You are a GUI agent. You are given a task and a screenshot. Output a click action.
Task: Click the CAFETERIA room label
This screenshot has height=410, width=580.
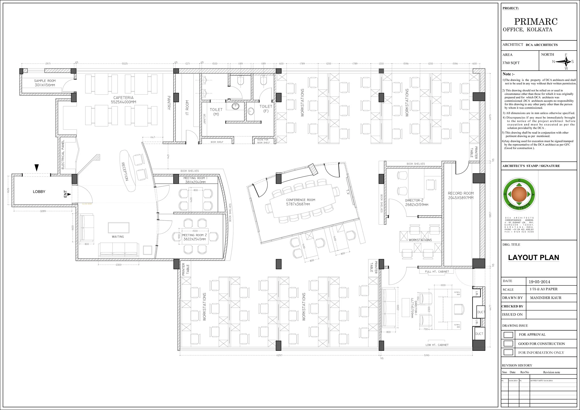pyautogui.click(x=123, y=98)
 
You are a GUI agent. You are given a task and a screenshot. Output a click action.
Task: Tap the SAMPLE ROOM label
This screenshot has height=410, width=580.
pyautogui.click(x=45, y=81)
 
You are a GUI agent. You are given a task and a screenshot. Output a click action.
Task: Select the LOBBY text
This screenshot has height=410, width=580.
pyautogui.click(x=39, y=192)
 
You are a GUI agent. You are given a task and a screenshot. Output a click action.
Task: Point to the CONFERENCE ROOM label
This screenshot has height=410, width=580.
pyautogui.click(x=300, y=200)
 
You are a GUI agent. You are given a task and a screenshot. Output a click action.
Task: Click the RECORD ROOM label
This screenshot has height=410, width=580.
pyautogui.click(x=461, y=193)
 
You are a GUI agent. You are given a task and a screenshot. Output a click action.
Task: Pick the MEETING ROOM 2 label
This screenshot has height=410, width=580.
pyautogui.click(x=194, y=235)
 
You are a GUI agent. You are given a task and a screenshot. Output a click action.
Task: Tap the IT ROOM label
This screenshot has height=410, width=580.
pyautogui.click(x=187, y=108)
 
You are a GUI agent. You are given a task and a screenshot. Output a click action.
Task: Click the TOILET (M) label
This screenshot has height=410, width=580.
pyautogui.click(x=216, y=112)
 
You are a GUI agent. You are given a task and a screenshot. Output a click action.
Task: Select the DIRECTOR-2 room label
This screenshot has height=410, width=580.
pyautogui.click(x=414, y=200)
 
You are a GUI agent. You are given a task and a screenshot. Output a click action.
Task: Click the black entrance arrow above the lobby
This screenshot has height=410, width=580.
pyautogui.click(x=37, y=168)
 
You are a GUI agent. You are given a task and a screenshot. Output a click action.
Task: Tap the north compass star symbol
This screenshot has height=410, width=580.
pyautogui.click(x=566, y=61)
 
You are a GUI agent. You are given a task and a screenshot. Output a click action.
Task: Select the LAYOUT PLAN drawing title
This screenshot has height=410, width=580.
pyautogui.click(x=534, y=258)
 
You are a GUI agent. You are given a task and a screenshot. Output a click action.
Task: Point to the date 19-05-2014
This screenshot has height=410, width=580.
pyautogui.click(x=539, y=282)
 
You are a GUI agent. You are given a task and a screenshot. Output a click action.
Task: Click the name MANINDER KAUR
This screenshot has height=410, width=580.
pyautogui.click(x=546, y=298)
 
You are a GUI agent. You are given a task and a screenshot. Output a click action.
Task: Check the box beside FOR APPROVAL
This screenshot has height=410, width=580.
pyautogui.click(x=508, y=335)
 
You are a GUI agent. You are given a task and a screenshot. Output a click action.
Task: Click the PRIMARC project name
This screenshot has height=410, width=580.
pyautogui.click(x=536, y=22)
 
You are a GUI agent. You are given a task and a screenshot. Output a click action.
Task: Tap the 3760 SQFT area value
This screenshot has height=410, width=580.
pyautogui.click(x=511, y=63)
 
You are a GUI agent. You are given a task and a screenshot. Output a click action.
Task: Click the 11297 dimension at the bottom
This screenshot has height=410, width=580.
pyautogui.click(x=279, y=355)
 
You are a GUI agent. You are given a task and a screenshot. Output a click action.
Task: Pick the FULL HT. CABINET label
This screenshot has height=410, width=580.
pyautogui.click(x=437, y=271)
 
